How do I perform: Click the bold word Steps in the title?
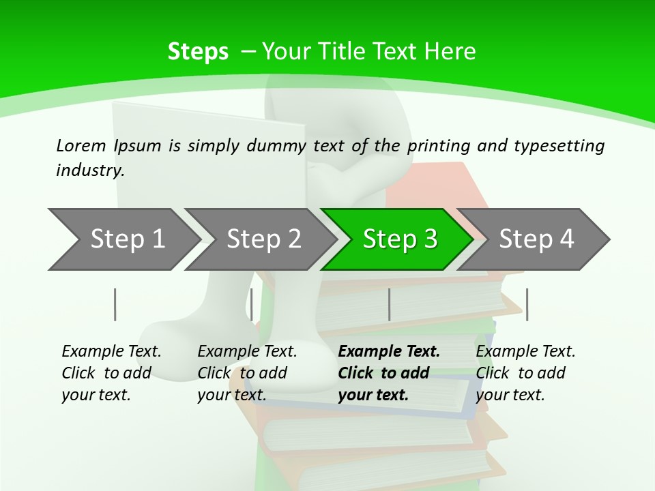(198, 51)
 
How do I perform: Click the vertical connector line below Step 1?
(115, 304)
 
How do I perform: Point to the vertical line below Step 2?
(252, 304)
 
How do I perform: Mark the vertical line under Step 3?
(390, 304)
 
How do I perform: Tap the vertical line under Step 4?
(527, 304)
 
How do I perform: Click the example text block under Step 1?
(111, 373)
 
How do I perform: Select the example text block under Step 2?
(247, 373)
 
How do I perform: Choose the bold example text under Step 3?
(389, 373)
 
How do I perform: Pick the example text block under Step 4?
(525, 373)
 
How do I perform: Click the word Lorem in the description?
(81, 145)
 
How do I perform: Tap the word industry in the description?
(89, 170)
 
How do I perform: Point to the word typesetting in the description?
(559, 145)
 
